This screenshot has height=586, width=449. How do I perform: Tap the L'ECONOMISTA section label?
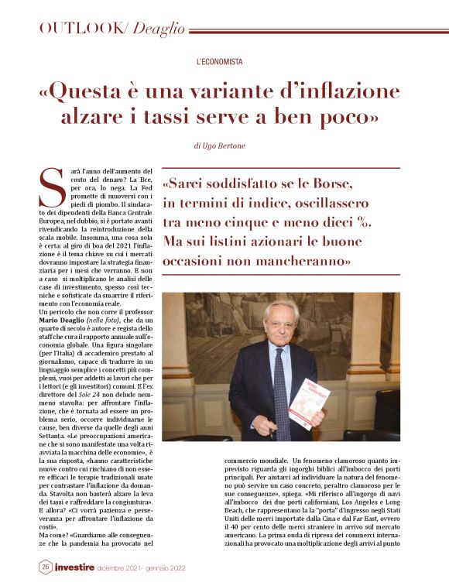click(220, 60)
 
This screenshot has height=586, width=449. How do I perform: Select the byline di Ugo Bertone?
click(220, 145)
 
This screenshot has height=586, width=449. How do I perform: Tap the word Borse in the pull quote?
click(327, 185)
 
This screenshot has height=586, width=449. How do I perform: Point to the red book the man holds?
click(305, 404)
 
